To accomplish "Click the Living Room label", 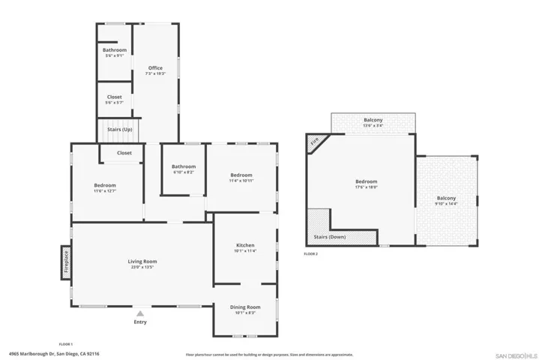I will tap(142, 261).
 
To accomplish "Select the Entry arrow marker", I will tap(140, 314).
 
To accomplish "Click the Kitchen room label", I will tap(245, 245).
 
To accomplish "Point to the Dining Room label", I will tap(245, 307).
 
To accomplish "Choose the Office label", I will tap(155, 68).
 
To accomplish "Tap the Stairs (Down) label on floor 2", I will tap(330, 237).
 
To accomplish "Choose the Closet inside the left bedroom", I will tap(124, 153).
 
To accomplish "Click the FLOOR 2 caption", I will tap(310, 254).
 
